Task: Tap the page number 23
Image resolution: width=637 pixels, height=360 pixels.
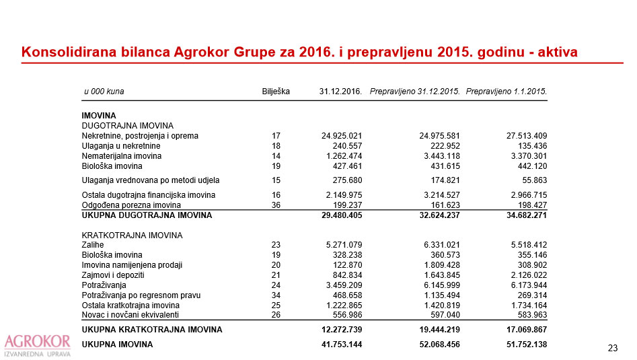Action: coord(612,348)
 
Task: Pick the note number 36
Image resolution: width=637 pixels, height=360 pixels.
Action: coord(275,205)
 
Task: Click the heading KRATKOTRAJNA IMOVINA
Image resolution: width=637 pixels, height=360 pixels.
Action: coord(132,235)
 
